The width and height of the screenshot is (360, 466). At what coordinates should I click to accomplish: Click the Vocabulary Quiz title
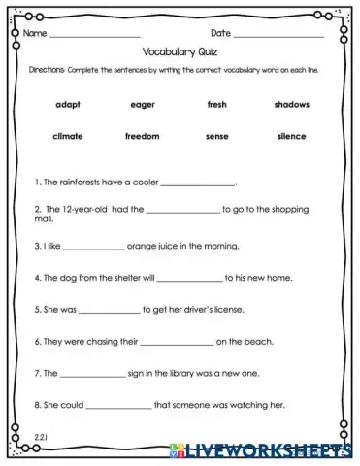click(x=180, y=55)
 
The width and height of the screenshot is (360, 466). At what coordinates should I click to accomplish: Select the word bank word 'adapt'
click(x=69, y=104)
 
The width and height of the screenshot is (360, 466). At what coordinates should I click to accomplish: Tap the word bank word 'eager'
click(x=143, y=104)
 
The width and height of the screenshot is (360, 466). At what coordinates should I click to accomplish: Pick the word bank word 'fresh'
click(x=216, y=104)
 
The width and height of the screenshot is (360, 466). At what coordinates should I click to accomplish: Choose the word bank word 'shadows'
click(x=290, y=104)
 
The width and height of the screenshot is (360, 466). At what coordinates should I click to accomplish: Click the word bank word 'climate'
click(x=69, y=136)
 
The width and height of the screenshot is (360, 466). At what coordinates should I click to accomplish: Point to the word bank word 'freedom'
click(x=143, y=136)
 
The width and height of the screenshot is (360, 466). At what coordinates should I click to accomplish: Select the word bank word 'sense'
click(x=216, y=136)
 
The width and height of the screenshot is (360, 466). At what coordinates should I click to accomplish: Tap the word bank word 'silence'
click(x=290, y=136)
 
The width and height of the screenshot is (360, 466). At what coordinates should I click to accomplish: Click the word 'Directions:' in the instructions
click(x=46, y=72)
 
